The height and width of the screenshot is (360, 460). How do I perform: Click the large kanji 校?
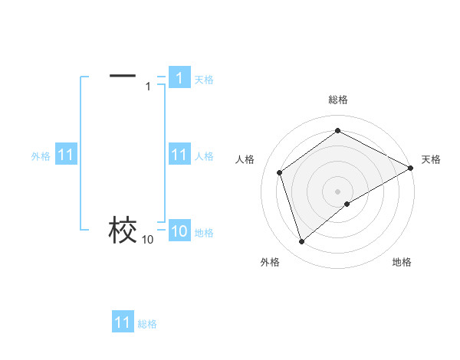click(x=123, y=230)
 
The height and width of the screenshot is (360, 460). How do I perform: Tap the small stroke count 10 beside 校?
click(x=147, y=240)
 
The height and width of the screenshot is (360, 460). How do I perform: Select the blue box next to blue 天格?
click(x=179, y=78)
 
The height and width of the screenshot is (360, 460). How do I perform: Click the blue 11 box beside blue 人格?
click(x=179, y=155)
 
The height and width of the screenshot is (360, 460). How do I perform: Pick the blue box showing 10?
click(x=179, y=232)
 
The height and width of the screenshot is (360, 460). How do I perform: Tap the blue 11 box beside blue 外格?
click(x=65, y=155)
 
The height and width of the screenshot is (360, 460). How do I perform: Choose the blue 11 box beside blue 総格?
click(x=122, y=323)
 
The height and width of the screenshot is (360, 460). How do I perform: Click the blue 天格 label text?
click(x=204, y=80)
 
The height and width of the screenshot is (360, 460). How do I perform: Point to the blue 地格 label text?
click(x=204, y=233)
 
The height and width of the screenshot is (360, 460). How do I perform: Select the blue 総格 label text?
click(x=147, y=324)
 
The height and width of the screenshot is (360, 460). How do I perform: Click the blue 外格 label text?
click(x=41, y=156)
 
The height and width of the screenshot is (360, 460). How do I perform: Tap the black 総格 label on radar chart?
click(x=337, y=100)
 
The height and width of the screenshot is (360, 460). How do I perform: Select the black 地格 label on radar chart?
click(x=402, y=262)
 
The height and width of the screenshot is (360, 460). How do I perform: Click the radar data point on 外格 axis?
click(x=301, y=242)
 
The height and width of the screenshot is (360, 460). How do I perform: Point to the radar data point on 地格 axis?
click(x=347, y=204)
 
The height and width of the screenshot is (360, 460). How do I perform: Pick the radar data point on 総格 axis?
click(x=337, y=131)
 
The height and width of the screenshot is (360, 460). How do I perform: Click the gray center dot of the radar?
click(x=337, y=191)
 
